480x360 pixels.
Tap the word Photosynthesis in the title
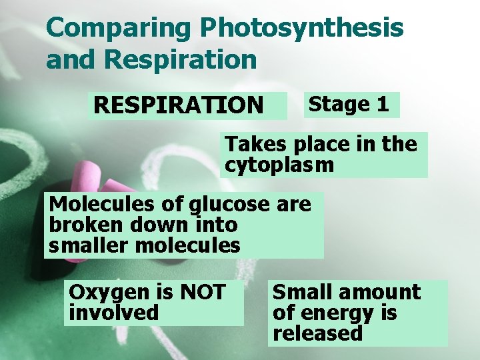click(x=302, y=29)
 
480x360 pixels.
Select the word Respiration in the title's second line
click(x=181, y=59)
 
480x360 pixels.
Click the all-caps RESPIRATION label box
click(x=179, y=105)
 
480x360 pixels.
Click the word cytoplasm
click(x=279, y=165)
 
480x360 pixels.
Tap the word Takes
click(x=253, y=144)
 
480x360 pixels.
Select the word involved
click(x=114, y=313)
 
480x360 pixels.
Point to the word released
click(x=317, y=333)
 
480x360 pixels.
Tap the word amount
click(x=379, y=292)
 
